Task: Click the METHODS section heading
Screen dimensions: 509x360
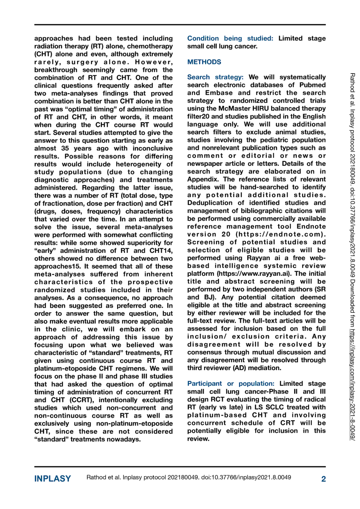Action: click(204, 62)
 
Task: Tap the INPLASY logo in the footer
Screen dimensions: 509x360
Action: click(52, 479)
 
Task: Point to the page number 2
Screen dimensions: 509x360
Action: click(323, 479)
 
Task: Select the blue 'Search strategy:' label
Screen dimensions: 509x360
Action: click(215, 77)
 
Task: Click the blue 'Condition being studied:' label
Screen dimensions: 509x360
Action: click(230, 38)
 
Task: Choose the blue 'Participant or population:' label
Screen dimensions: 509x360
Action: click(231, 384)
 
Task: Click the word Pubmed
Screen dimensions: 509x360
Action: click(312, 85)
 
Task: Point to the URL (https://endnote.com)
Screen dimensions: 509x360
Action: click(280, 234)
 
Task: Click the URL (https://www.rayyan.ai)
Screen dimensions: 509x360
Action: click(254, 274)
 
